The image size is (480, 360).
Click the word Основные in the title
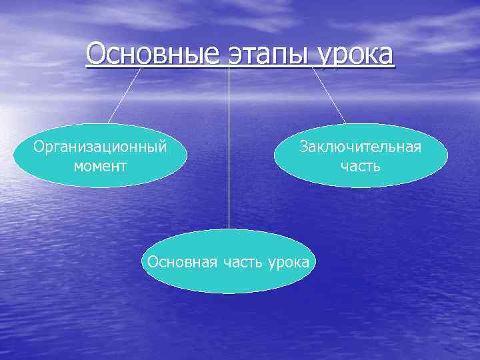point(153,53)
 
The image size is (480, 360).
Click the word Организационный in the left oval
point(100,147)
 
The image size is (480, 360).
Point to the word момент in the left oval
point(100,165)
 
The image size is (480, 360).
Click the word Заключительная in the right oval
point(360,147)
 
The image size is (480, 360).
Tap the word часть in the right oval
point(360,165)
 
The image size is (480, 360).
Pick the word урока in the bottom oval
point(288,261)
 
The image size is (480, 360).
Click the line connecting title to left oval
point(125,95)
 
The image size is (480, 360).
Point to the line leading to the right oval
point(329,95)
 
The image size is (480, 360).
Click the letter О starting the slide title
point(95,53)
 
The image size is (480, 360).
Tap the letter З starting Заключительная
point(303,147)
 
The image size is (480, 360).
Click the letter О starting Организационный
point(39,147)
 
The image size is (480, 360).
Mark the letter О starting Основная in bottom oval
point(153,261)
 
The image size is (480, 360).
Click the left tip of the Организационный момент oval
point(15,156)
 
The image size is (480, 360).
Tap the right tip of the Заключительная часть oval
point(447,156)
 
